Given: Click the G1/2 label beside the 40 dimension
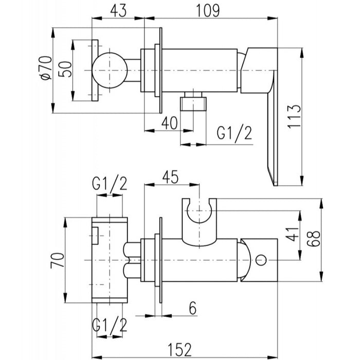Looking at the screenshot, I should pyautogui.click(x=234, y=134).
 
